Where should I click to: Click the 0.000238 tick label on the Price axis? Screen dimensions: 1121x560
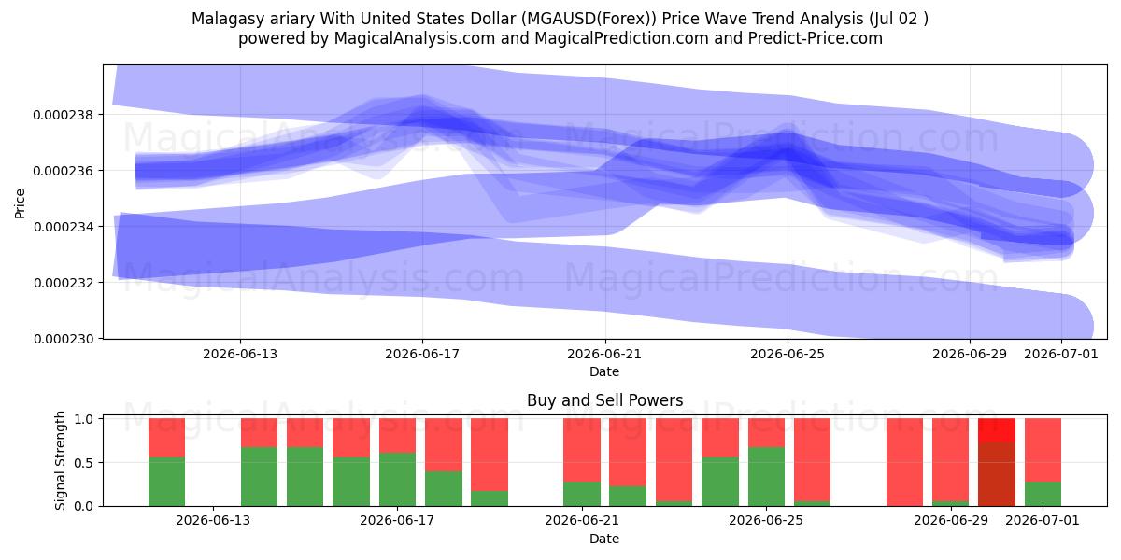pyautogui.click(x=64, y=115)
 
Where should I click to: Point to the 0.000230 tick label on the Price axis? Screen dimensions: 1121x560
pyautogui.click(x=64, y=339)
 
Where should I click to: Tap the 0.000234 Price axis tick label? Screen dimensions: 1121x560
pyautogui.click(x=64, y=227)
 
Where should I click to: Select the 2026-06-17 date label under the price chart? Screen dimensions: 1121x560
pyautogui.click(x=422, y=354)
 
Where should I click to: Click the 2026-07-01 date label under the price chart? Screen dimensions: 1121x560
pyautogui.click(x=1061, y=354)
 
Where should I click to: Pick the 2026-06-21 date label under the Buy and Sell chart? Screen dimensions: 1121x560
pyautogui.click(x=581, y=521)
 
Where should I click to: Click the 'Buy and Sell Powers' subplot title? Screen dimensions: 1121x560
pyautogui.click(x=604, y=400)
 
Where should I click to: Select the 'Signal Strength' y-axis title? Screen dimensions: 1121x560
pyautogui.click(x=60, y=460)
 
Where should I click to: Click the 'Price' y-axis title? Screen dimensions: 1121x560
pyautogui.click(x=20, y=203)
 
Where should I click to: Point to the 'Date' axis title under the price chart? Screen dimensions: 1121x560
pyautogui.click(x=604, y=371)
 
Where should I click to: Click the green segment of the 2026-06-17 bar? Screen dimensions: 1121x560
pyautogui.click(x=397, y=479)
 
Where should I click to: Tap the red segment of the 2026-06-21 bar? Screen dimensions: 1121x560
pyautogui.click(x=581, y=450)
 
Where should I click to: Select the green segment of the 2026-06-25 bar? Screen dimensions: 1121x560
pyautogui.click(x=766, y=477)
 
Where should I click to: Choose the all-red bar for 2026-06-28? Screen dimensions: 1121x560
pyautogui.click(x=904, y=462)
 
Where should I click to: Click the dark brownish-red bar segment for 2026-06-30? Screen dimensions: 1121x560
pyautogui.click(x=997, y=474)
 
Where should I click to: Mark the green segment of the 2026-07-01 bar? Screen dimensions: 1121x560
pyautogui.click(x=1043, y=494)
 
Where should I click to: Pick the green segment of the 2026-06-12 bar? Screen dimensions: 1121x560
pyautogui.click(x=166, y=482)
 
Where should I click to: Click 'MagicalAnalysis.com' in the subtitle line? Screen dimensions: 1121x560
pyautogui.click(x=415, y=38)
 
